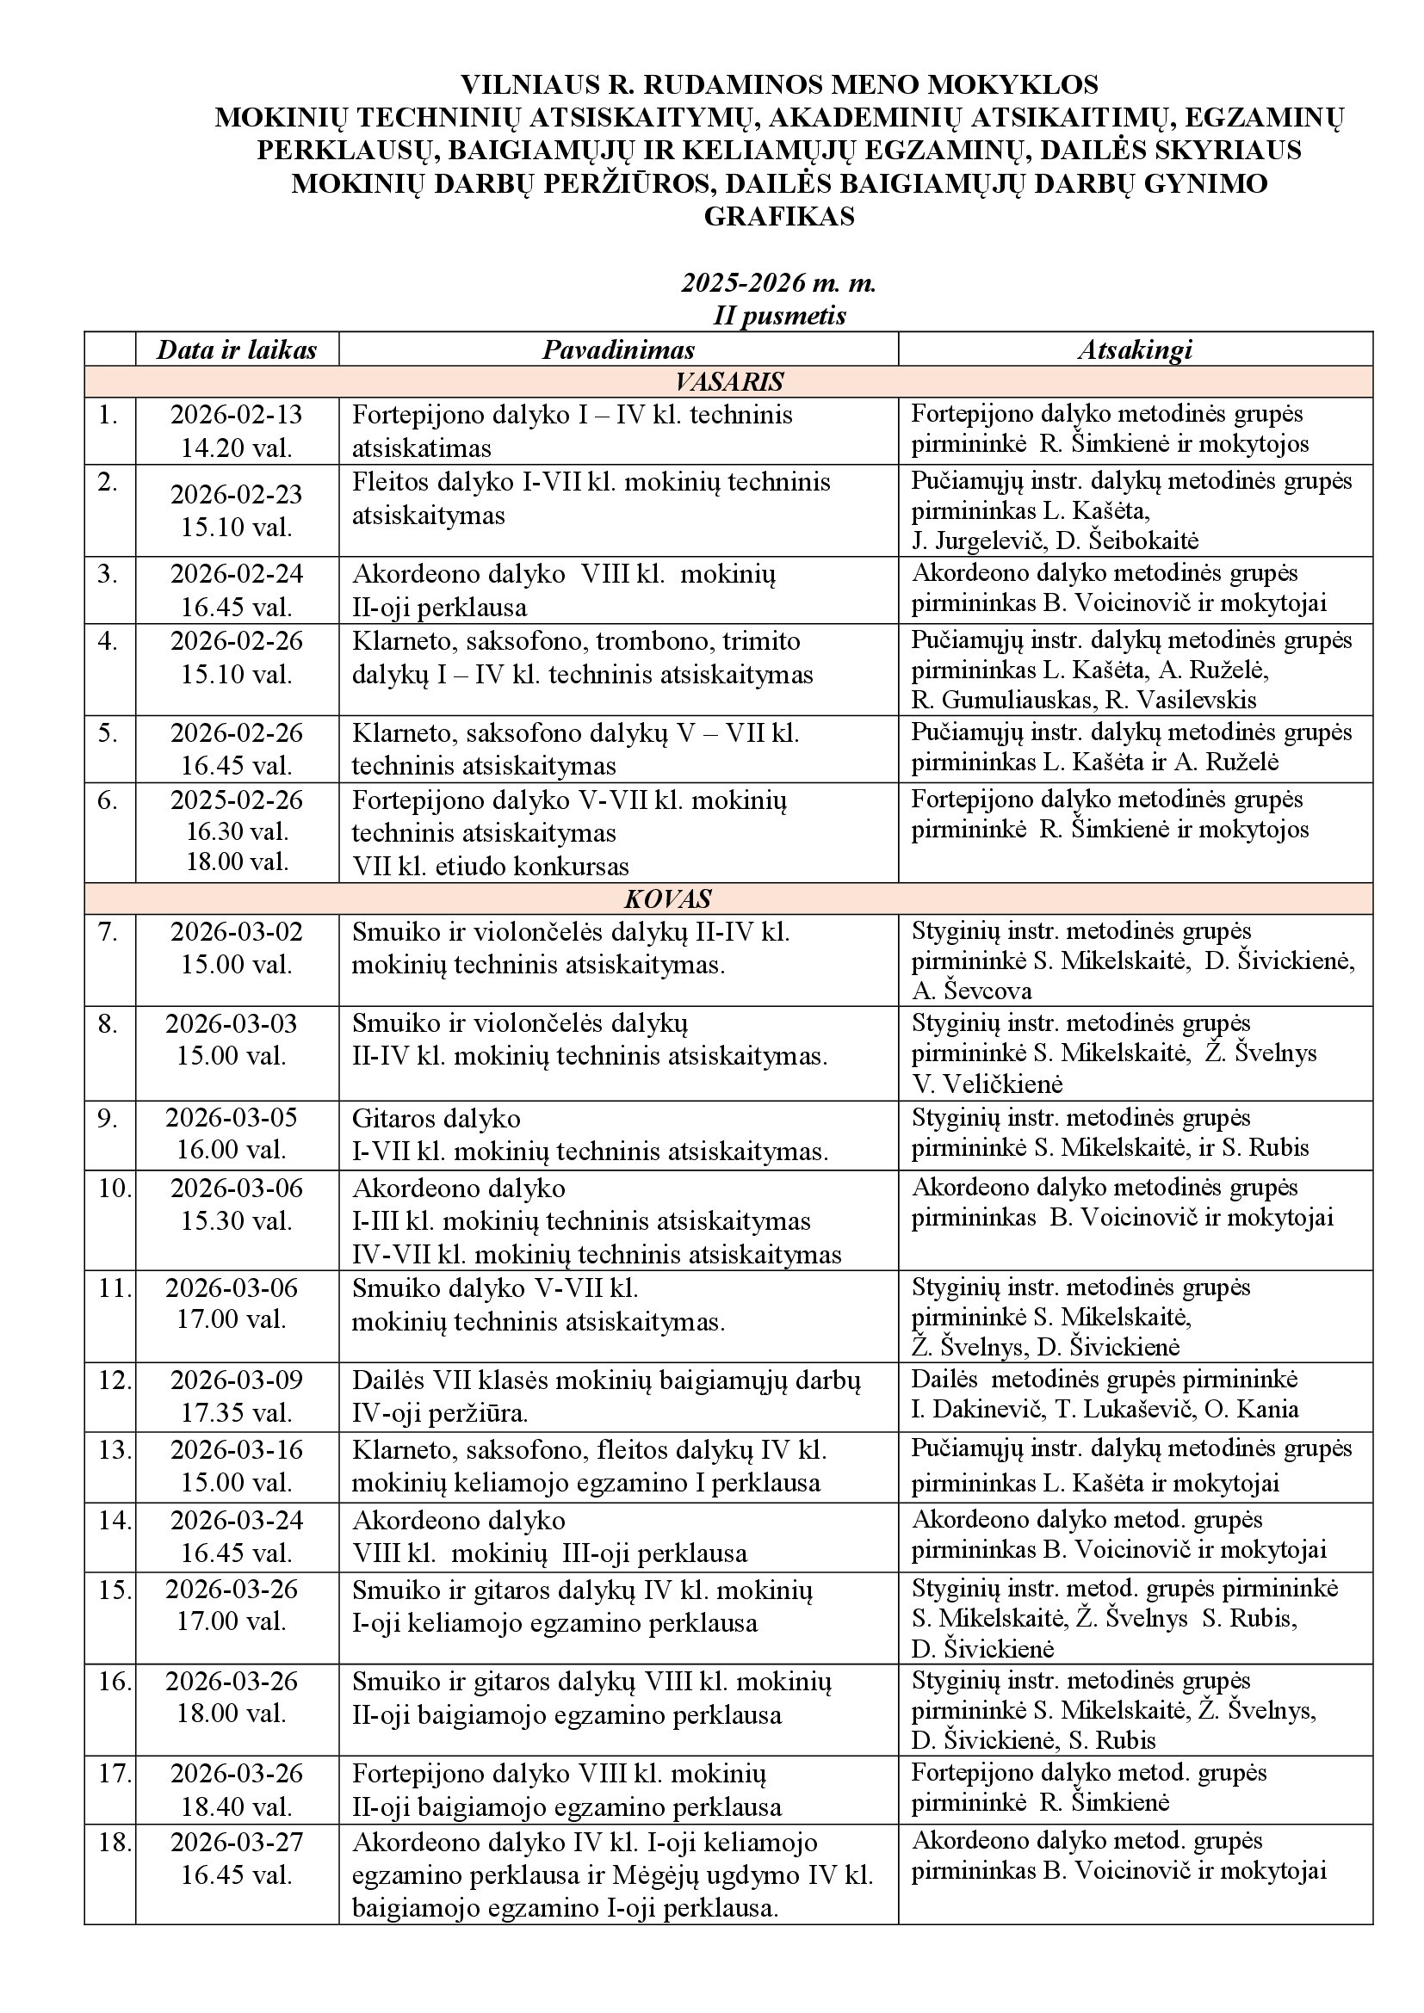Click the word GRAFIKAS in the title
click(x=778, y=217)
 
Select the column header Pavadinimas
click(x=618, y=349)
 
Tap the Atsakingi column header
click(x=1135, y=349)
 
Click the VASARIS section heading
click(x=728, y=382)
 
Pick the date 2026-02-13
click(x=236, y=415)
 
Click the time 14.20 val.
click(x=236, y=448)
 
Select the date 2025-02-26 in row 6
click(x=236, y=800)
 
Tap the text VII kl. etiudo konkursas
click(x=490, y=867)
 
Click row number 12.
click(x=114, y=1380)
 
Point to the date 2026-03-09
click(x=236, y=1380)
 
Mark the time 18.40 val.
click(x=236, y=1806)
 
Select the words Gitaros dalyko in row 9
click(x=436, y=1118)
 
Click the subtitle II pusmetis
click(x=778, y=316)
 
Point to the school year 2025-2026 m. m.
click(x=778, y=283)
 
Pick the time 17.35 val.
click(x=236, y=1413)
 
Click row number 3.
click(x=108, y=573)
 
